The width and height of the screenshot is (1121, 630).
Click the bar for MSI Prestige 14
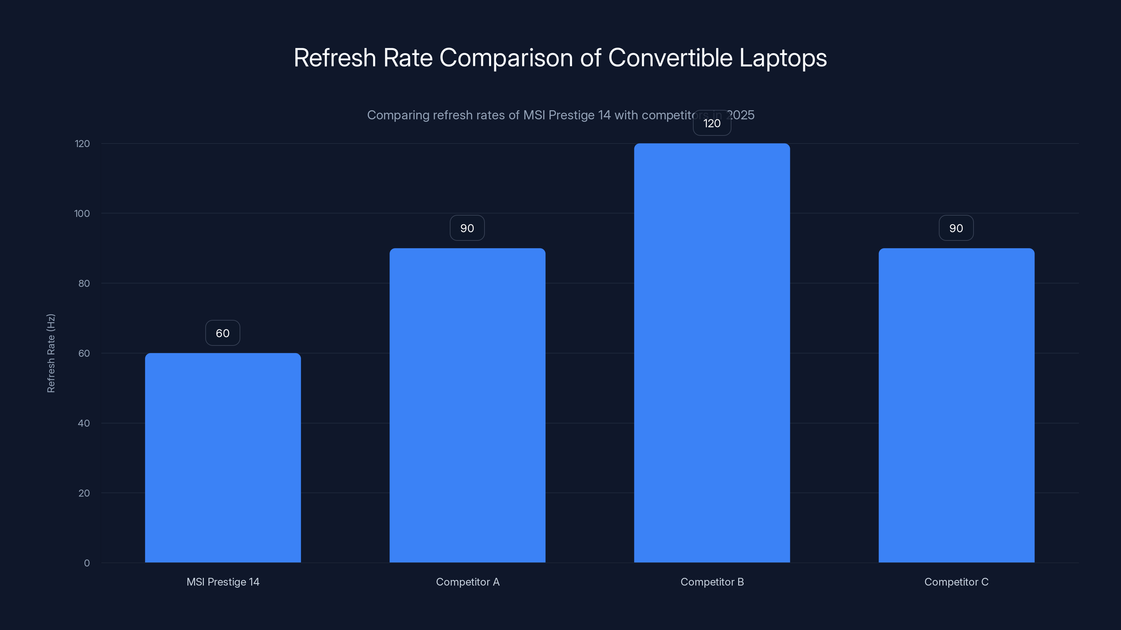(x=223, y=457)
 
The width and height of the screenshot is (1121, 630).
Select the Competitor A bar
(x=467, y=405)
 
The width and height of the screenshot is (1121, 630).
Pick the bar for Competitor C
(x=956, y=405)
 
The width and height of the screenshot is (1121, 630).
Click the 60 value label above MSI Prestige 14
(x=223, y=333)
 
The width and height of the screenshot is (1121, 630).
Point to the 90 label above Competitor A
(x=467, y=228)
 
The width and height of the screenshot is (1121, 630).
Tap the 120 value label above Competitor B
(x=712, y=124)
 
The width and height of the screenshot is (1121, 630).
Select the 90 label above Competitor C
(x=956, y=228)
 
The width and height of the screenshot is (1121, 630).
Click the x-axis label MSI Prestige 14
(x=223, y=582)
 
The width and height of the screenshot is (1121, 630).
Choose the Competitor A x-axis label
(x=467, y=582)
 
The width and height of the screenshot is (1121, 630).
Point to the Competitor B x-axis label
(x=712, y=582)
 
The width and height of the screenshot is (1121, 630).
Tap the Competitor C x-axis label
(x=956, y=582)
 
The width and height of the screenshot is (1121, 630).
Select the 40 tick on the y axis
(x=84, y=423)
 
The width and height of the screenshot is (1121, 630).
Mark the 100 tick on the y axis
(x=82, y=213)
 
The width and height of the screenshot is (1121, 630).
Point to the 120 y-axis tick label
(x=82, y=143)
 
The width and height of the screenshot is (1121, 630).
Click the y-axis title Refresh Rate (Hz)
(x=51, y=353)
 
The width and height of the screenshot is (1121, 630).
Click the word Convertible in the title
(x=670, y=58)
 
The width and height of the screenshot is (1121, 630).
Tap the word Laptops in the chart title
(x=783, y=58)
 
